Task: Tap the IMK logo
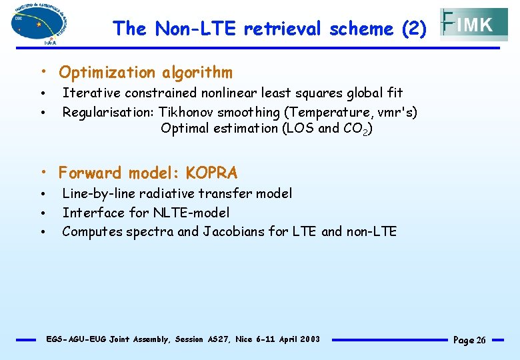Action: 474,25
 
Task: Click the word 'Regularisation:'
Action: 109,112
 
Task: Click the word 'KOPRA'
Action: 211,173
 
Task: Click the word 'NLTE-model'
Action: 191,213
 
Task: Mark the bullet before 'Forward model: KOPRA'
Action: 42,173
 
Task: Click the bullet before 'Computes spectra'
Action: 42,232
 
